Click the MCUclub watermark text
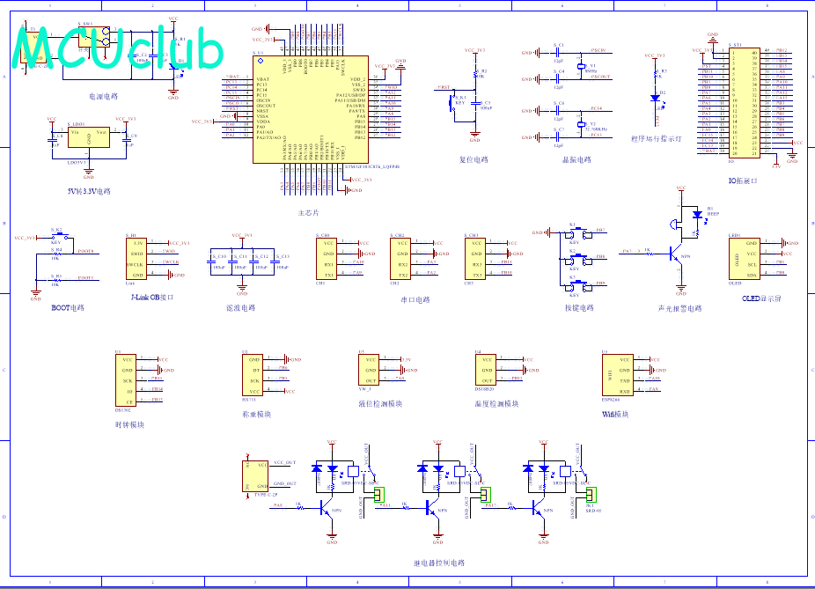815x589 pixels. [x=119, y=50]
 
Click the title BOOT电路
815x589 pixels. [x=68, y=308]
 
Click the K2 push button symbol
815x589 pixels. [x=574, y=258]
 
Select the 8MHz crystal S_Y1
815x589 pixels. [x=581, y=67]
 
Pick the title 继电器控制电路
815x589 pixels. [x=438, y=563]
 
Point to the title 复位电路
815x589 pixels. [x=474, y=160]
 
